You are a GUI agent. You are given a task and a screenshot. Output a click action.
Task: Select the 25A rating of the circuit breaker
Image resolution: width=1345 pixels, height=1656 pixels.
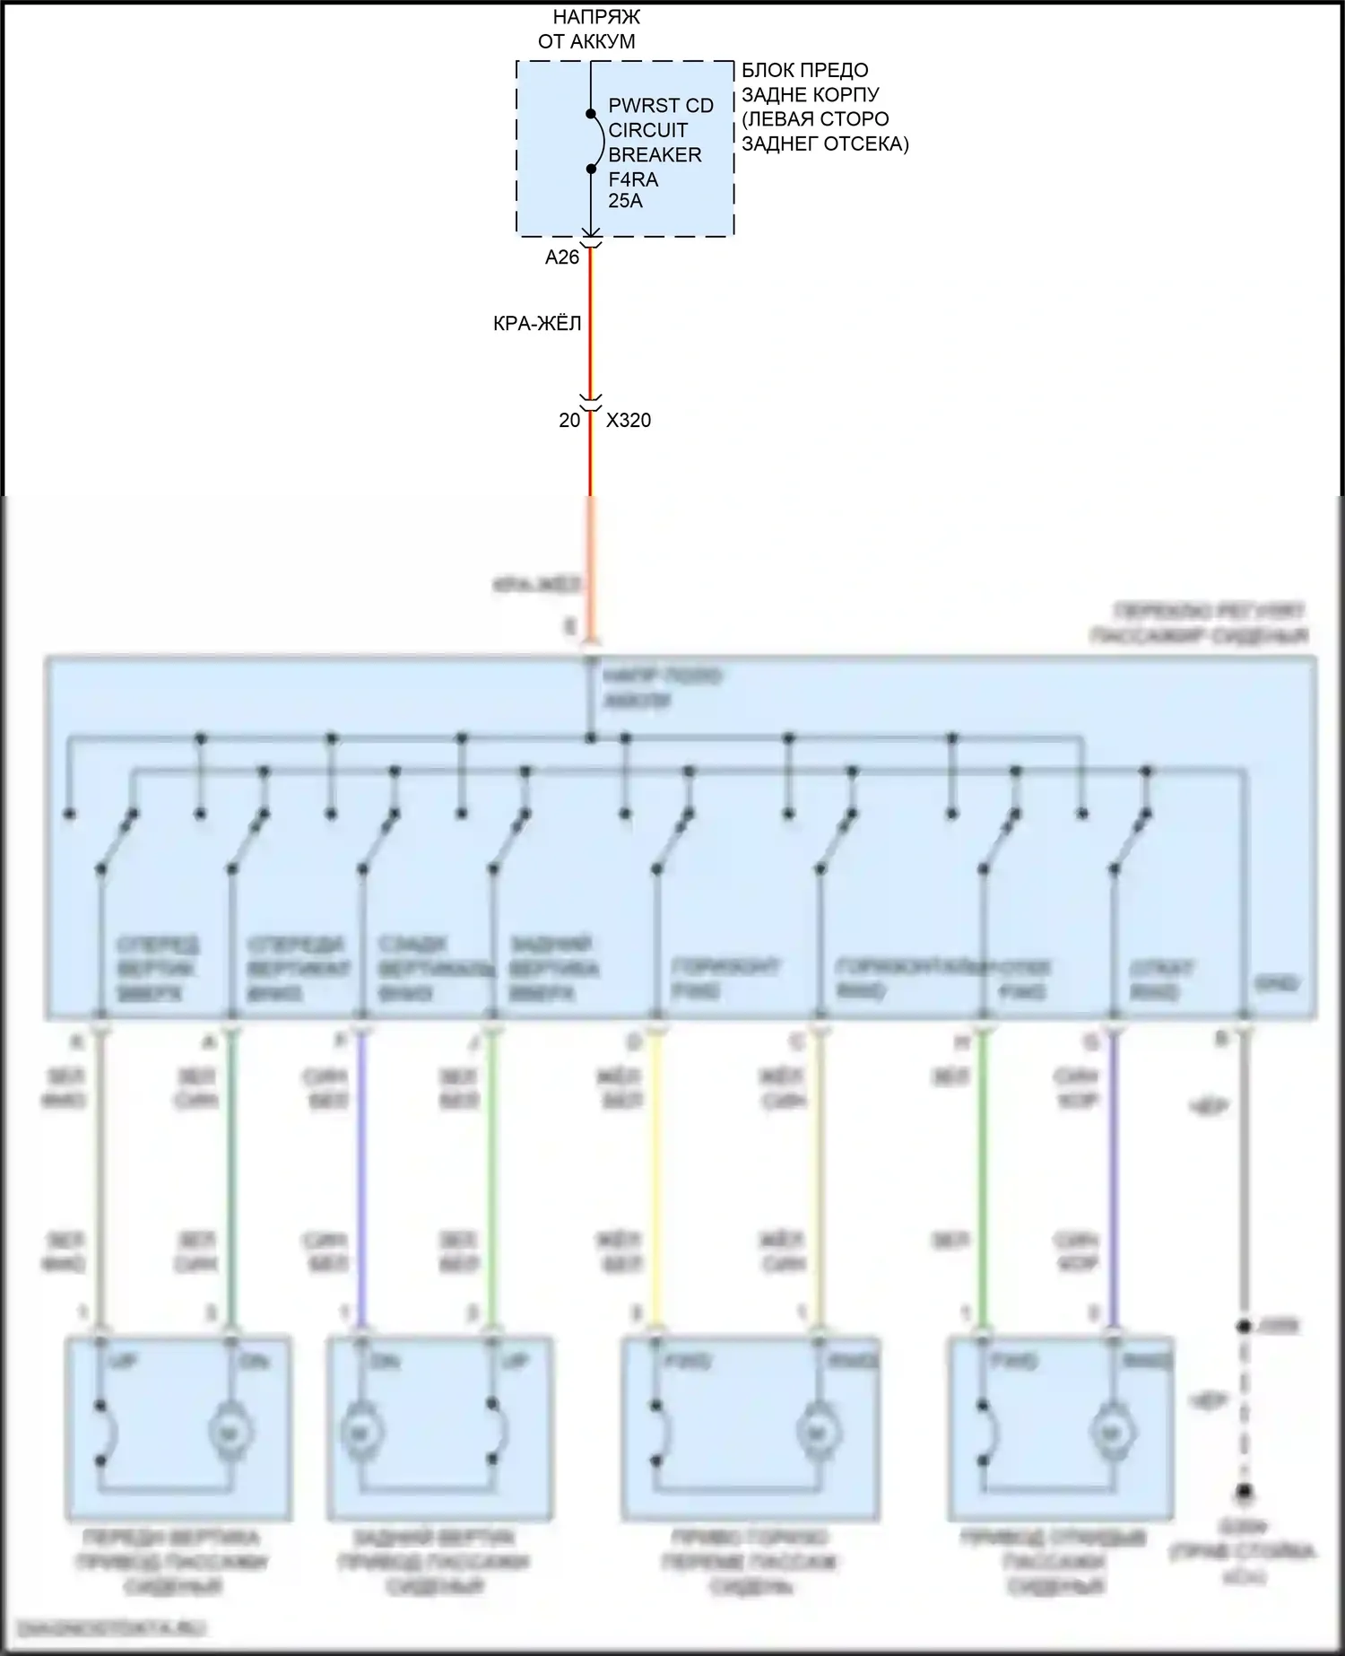[x=625, y=201]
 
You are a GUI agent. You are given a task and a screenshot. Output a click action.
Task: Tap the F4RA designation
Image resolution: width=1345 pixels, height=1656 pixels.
[x=633, y=179]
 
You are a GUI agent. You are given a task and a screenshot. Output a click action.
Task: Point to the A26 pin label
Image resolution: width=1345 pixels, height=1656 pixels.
[x=562, y=257]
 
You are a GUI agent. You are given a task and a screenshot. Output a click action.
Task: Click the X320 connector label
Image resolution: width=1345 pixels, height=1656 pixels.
[x=629, y=420]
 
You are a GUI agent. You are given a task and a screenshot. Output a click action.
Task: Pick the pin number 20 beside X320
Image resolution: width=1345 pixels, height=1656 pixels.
[x=569, y=420]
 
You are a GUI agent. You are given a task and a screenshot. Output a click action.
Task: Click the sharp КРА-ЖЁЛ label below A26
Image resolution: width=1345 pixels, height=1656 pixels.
[x=537, y=323]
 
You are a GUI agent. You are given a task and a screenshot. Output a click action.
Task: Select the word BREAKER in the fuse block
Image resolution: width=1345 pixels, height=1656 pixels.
[x=655, y=155]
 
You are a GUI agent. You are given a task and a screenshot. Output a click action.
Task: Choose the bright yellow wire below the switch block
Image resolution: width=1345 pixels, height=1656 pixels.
[x=656, y=1175]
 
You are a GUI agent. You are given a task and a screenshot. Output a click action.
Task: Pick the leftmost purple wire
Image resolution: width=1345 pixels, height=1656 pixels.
[x=361, y=1175]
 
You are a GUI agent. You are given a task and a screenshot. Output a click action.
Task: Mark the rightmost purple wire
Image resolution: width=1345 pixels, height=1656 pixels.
[x=1113, y=1175]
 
